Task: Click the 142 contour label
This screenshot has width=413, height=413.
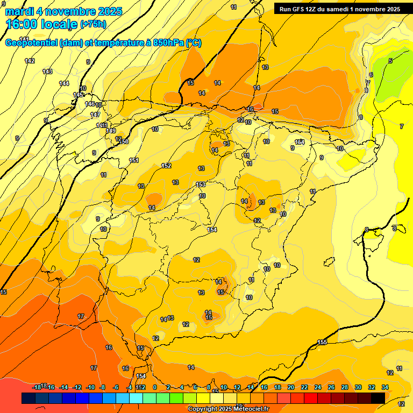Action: (30, 61)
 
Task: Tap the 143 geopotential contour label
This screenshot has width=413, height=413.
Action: (47, 72)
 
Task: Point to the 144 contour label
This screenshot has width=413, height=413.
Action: (64, 83)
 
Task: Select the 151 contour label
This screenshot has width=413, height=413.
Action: (134, 160)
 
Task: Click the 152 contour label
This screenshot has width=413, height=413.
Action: (166, 166)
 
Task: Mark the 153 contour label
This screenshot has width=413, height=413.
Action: (201, 184)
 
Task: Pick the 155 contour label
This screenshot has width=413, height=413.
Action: (322, 343)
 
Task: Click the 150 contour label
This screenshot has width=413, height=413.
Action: (124, 141)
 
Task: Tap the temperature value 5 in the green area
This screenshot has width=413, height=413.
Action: (390, 61)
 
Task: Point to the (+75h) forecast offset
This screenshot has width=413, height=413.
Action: (93, 24)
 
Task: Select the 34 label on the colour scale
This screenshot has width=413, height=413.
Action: (384, 387)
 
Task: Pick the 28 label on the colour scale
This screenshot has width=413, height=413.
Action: (345, 387)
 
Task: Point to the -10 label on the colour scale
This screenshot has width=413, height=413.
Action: (90, 387)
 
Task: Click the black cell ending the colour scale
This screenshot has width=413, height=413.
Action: (378, 398)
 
